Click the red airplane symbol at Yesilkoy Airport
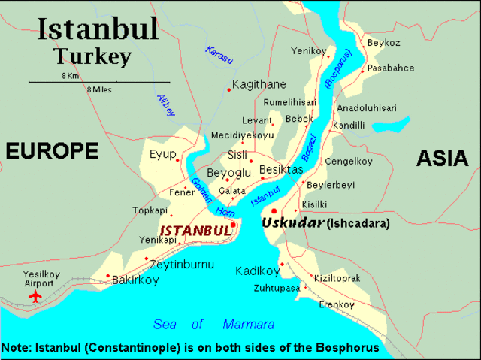[35, 297]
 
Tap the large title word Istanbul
[98, 29]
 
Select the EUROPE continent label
[52, 151]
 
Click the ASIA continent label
[441, 157]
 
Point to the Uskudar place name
[292, 223]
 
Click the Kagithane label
[259, 85]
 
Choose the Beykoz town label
[383, 44]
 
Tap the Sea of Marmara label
[213, 325]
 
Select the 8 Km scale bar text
[71, 76]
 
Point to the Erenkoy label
[336, 304]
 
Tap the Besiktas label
[280, 171]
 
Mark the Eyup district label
[162, 154]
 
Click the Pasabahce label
[390, 68]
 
